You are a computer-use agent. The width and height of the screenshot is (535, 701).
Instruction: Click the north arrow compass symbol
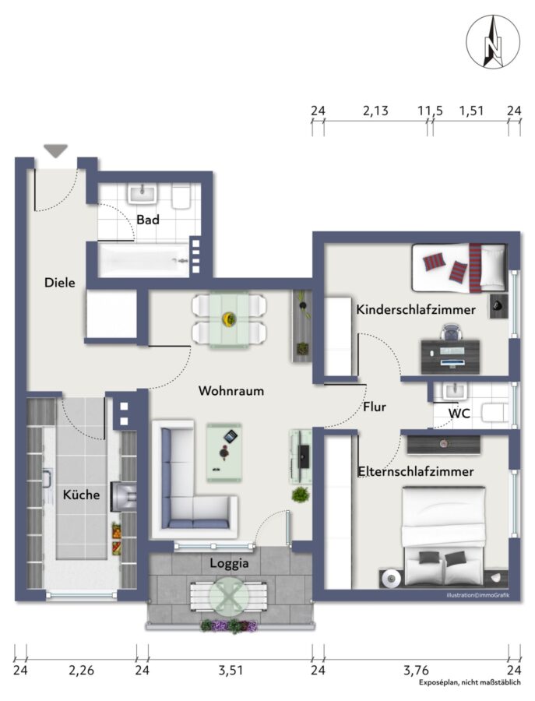click(x=492, y=41)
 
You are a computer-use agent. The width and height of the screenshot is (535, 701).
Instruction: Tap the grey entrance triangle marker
click(x=56, y=150)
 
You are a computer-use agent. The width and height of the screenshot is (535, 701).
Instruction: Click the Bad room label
click(x=148, y=220)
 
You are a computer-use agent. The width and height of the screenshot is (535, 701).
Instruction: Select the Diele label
click(x=60, y=283)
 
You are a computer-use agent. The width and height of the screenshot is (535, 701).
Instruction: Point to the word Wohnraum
click(x=231, y=391)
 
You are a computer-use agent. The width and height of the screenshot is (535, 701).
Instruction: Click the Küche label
click(x=81, y=495)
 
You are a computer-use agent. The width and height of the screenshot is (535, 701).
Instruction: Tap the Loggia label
click(x=229, y=563)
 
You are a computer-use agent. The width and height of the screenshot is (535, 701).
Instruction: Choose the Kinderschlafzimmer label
click(x=416, y=309)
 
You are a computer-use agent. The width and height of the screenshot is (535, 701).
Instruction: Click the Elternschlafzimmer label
click(x=416, y=471)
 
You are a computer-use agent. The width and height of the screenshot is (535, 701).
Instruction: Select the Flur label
click(x=375, y=407)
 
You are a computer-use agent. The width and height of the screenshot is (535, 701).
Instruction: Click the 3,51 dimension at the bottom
click(x=231, y=670)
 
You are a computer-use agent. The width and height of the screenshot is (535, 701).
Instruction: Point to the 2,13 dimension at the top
click(x=375, y=111)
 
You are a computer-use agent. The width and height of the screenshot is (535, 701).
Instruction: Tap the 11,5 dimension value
click(x=430, y=111)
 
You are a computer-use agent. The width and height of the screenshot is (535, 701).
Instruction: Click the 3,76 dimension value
click(x=416, y=670)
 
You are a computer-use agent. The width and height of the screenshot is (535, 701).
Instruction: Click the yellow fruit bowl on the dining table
click(x=229, y=319)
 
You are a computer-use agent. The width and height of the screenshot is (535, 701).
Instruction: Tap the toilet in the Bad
click(x=181, y=197)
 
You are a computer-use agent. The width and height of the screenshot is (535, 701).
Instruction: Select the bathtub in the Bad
click(x=143, y=259)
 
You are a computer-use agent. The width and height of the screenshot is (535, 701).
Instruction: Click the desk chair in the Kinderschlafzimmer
click(x=449, y=333)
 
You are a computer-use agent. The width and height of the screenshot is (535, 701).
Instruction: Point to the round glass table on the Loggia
click(x=229, y=595)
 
